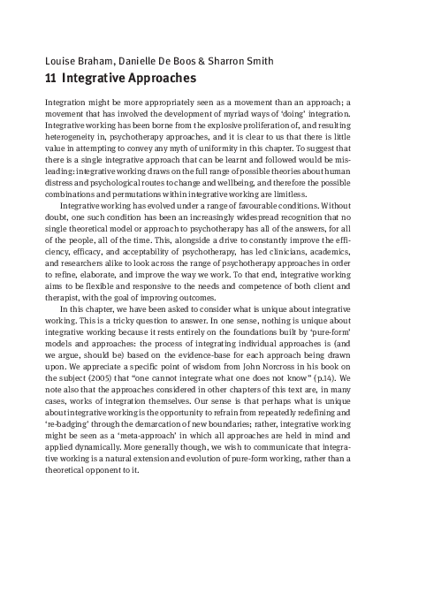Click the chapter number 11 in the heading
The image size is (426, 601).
click(50, 79)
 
